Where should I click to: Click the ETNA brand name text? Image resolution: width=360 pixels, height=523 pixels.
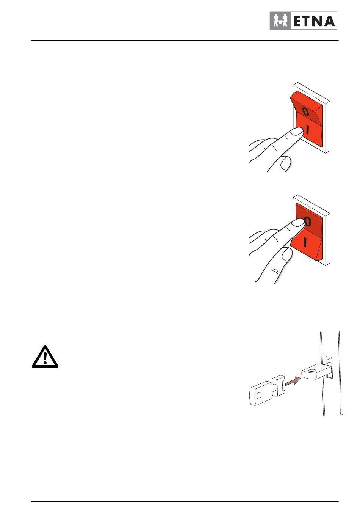(314, 21)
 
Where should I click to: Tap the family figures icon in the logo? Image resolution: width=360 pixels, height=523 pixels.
(280, 20)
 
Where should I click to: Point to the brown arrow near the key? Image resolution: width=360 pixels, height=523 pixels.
(293, 381)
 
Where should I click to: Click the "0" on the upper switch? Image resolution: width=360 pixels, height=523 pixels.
(305, 112)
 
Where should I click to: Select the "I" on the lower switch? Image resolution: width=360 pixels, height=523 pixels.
(305, 242)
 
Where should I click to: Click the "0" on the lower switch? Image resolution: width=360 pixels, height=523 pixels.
(307, 221)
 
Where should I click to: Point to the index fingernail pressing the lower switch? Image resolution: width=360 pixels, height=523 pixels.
(297, 223)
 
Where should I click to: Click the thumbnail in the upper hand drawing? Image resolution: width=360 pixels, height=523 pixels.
(285, 163)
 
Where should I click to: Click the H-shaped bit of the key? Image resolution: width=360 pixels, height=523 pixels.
(279, 386)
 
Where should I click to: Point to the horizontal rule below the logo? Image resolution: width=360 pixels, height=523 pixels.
(185, 41)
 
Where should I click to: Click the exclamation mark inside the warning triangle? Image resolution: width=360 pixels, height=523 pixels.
(45, 358)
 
